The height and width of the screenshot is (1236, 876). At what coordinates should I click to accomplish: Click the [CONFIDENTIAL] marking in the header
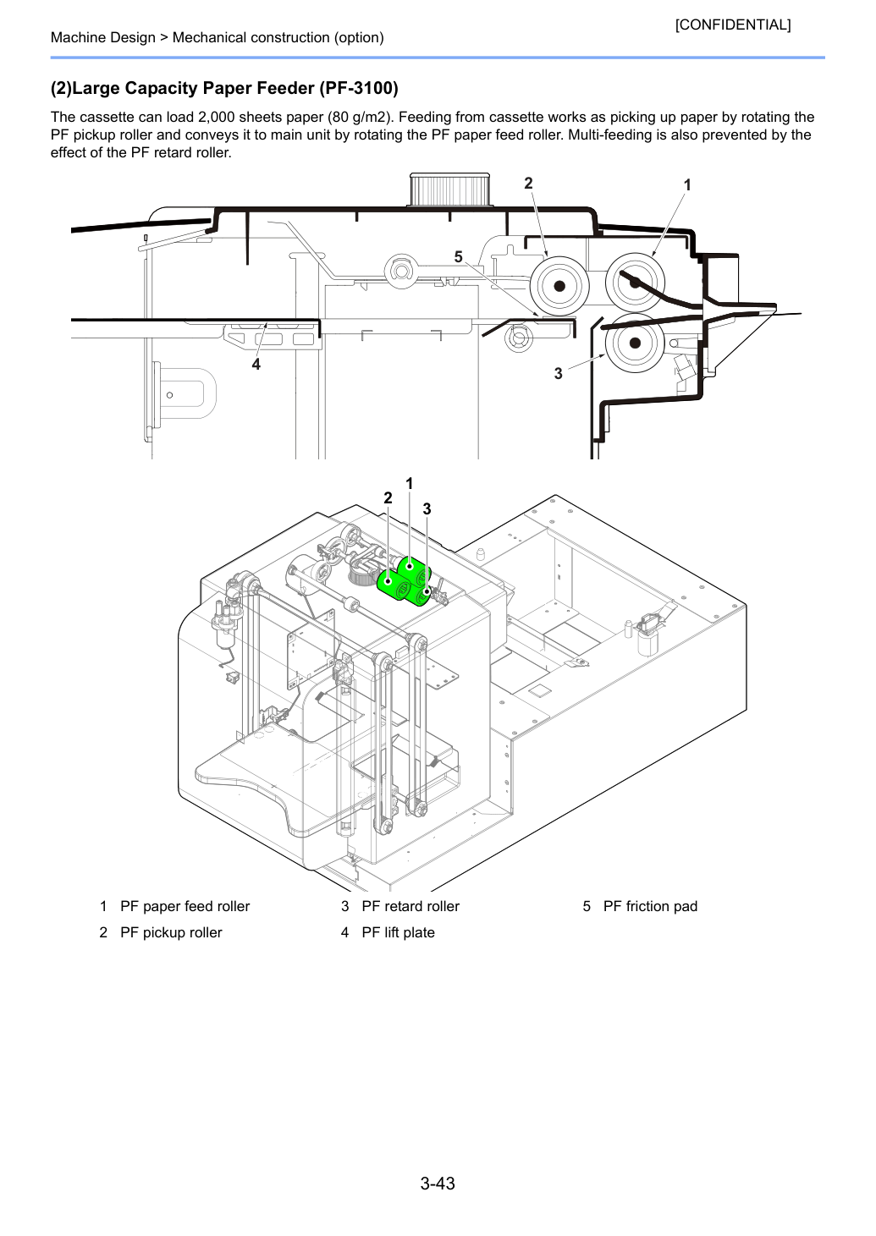pos(732,25)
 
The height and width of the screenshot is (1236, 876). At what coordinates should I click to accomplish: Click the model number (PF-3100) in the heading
pos(359,88)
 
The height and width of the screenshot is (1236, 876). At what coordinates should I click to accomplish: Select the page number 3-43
pos(438,1183)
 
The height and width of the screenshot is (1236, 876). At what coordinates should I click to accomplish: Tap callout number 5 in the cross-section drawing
pos(458,256)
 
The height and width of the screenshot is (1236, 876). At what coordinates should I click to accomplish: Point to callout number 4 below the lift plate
pos(256,364)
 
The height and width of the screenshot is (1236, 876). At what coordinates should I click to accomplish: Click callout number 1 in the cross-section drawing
pos(687,184)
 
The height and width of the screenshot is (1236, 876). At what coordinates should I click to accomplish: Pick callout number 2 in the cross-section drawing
pos(528,184)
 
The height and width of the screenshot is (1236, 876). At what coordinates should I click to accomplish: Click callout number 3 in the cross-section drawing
pos(558,374)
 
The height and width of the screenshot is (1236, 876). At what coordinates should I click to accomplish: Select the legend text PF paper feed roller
pos(185,906)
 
